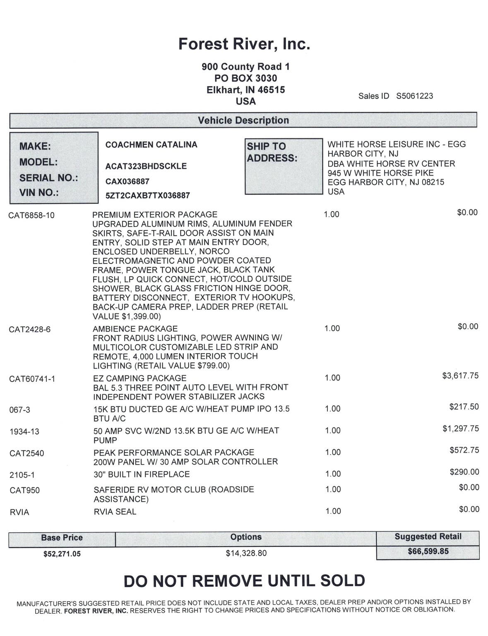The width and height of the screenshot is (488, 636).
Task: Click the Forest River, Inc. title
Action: [244, 44]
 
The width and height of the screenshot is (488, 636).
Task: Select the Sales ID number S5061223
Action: [414, 96]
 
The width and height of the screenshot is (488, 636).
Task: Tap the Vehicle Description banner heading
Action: [243, 120]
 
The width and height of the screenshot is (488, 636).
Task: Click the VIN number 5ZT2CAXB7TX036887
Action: [148, 195]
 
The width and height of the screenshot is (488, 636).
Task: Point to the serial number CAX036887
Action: [127, 181]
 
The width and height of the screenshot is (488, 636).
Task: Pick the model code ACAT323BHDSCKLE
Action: [146, 166]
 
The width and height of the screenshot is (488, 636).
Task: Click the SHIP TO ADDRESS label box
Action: [284, 166]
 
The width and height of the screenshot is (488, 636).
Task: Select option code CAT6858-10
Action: [31, 215]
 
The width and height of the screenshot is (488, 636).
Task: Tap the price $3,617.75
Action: [460, 376]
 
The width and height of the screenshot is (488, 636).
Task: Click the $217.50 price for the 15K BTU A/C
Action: [464, 407]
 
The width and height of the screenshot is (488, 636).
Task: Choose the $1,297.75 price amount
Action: [460, 429]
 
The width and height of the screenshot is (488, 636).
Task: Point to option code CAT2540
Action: [26, 453]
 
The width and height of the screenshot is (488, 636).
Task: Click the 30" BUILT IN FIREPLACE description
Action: [142, 474]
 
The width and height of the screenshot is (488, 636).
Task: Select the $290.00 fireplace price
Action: [464, 472]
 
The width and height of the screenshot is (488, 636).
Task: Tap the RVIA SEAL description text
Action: [115, 512]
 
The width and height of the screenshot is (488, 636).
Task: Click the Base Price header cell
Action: [62, 538]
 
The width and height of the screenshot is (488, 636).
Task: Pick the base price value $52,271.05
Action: [62, 554]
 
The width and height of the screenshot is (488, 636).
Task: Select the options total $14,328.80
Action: [246, 553]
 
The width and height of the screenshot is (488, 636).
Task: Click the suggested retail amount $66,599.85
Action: [428, 552]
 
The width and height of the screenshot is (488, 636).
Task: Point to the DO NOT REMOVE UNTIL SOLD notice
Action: [244, 581]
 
